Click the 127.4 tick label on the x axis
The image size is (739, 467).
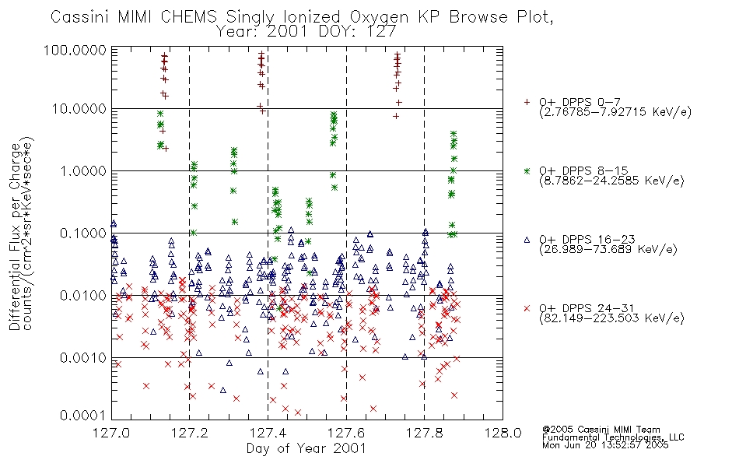point(268,433)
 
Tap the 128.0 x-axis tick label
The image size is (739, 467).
point(503,433)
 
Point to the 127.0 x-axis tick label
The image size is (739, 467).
point(111,433)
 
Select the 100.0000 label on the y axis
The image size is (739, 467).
point(75,50)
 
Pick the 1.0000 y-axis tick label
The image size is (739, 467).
point(83,170)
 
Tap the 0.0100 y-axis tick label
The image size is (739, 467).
point(83,296)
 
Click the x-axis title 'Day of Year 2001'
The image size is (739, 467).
point(306,448)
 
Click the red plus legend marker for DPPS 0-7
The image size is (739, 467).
point(527,102)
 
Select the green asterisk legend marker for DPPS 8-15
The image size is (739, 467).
point(527,170)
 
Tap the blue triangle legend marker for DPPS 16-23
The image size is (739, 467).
point(527,240)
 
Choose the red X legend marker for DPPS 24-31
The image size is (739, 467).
point(527,308)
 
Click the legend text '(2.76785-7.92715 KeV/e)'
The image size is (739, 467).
point(615,112)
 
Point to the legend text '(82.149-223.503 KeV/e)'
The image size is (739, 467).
point(611,318)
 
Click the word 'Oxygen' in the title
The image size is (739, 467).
point(379,17)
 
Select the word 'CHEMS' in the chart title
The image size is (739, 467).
point(188,16)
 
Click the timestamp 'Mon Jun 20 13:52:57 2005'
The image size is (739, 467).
point(605,445)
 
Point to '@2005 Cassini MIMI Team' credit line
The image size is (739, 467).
point(601,430)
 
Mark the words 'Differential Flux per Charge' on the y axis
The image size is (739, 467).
point(16,237)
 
